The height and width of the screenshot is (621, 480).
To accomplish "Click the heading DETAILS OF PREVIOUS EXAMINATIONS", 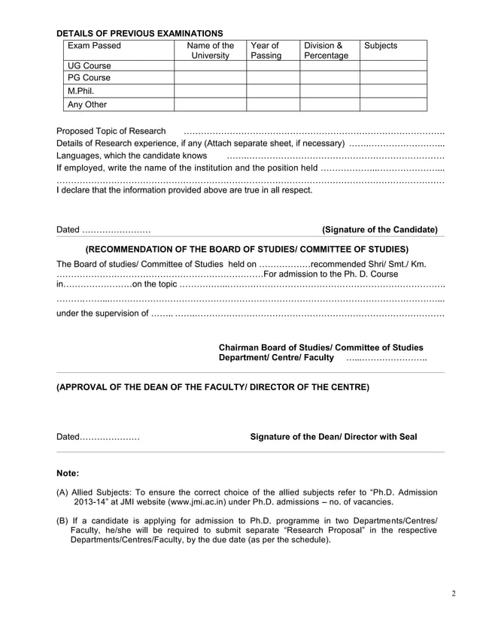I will coord(140,33).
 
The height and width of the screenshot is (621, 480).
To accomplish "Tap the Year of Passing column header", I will coord(266,50).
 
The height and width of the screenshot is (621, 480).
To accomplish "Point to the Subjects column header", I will coord(381,46).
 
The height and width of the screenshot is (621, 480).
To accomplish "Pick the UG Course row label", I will coord(90,65).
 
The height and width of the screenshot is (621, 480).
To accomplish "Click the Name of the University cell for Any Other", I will coord(210,105).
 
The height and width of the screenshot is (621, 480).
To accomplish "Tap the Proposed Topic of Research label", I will coord(111,132).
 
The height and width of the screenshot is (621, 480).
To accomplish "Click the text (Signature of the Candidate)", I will coord(379,229).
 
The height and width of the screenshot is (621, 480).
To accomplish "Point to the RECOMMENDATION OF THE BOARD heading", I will coord(248,249).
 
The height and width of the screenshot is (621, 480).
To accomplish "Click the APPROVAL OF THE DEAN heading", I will coord(213,388).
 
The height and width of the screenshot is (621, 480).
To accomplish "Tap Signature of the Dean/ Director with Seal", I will coord(333,437).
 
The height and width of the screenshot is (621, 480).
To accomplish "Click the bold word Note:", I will coord(68,474).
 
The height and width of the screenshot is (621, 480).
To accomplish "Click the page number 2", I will coord(454,594).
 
